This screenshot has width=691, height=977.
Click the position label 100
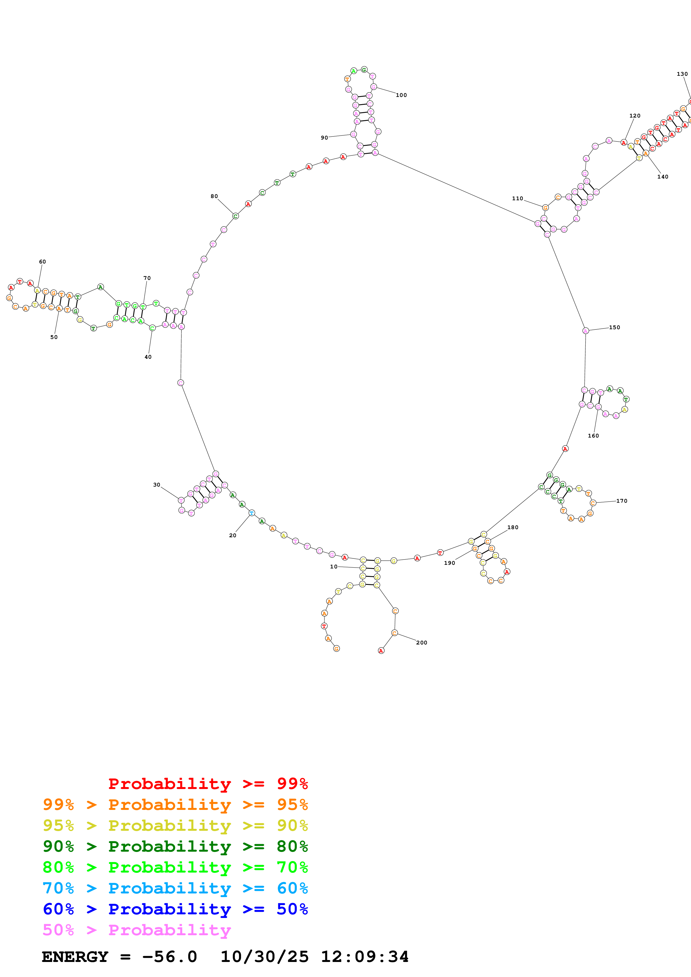pyautogui.click(x=401, y=95)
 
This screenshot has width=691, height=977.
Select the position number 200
pyautogui.click(x=421, y=643)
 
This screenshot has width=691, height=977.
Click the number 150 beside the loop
pyautogui.click(x=614, y=327)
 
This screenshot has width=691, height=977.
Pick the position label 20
pyautogui.click(x=232, y=535)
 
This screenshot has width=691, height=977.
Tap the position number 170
pyautogui.click(x=622, y=501)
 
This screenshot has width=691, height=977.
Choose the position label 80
pyautogui.click(x=214, y=196)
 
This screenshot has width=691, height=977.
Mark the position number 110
pyautogui.click(x=517, y=198)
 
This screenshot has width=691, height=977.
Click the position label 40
pyautogui.click(x=148, y=357)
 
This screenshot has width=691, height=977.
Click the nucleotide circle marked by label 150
pyautogui.click(x=585, y=331)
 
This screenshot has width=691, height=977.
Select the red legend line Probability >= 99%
pyautogui.click(x=208, y=783)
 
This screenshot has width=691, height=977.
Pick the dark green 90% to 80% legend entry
pyautogui.click(x=175, y=846)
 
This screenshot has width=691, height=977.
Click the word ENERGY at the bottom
pyautogui.click(x=75, y=957)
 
